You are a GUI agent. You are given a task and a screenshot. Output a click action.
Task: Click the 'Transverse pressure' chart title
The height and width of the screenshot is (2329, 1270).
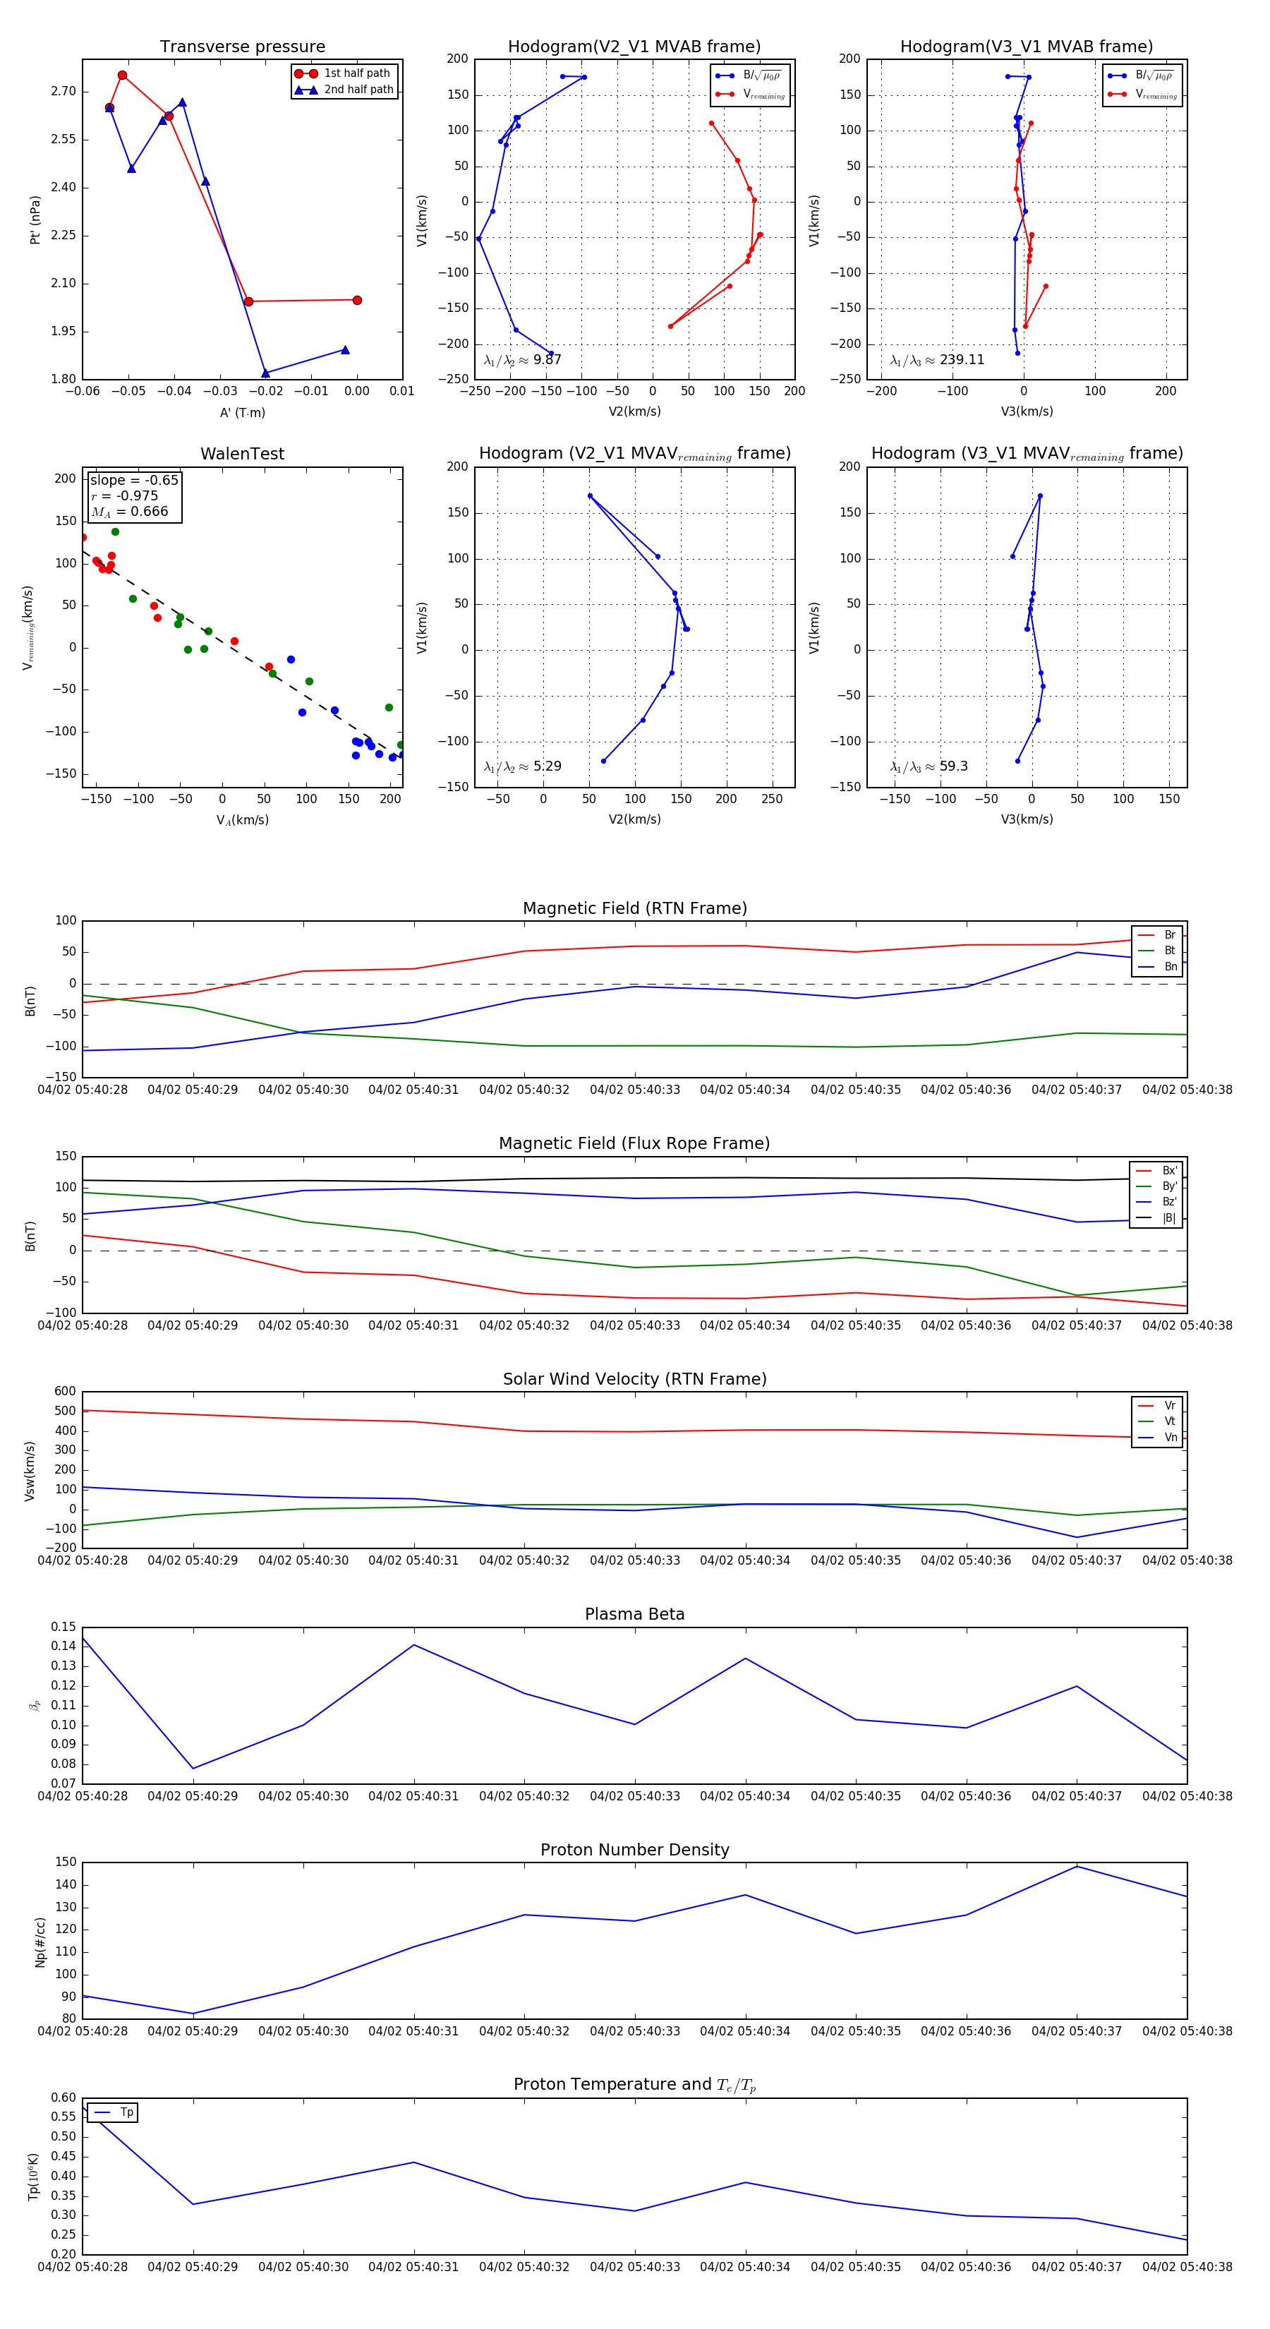click(242, 47)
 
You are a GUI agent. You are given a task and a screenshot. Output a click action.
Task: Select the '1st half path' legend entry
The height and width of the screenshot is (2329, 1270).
click(356, 73)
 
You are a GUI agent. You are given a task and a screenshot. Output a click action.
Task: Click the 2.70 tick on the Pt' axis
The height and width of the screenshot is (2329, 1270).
click(64, 91)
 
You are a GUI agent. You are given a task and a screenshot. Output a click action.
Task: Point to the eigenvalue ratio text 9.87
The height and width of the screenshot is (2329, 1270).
click(547, 360)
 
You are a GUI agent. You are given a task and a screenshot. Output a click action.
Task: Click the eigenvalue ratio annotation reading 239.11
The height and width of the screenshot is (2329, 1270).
click(961, 360)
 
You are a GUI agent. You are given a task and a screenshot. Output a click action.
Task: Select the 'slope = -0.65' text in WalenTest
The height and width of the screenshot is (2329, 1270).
click(134, 480)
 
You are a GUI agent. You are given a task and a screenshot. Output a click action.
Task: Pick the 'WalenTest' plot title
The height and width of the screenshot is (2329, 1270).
click(242, 454)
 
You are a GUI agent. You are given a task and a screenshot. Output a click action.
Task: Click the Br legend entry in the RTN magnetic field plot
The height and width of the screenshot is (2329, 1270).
click(1169, 935)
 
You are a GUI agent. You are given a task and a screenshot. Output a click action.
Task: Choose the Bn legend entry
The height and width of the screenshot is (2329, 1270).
click(1170, 966)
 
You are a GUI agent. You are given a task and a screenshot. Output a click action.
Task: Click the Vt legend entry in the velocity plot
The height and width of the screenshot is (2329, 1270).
click(1170, 1421)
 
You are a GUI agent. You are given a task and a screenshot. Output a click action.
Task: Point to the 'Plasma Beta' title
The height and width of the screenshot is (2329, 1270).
click(634, 1614)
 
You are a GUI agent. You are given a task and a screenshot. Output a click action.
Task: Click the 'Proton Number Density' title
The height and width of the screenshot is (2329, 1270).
click(634, 1850)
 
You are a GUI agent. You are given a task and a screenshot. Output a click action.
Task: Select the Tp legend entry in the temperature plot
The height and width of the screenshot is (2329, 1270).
click(126, 2112)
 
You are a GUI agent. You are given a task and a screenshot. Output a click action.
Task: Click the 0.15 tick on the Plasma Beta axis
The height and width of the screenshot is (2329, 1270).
click(64, 1627)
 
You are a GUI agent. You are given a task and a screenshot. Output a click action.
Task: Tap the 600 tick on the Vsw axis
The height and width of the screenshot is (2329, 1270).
click(65, 1392)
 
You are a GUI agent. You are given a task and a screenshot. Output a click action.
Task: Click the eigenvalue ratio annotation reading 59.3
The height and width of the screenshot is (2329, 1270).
click(953, 766)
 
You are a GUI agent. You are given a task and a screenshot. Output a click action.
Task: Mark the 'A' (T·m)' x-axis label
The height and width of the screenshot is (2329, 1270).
click(242, 412)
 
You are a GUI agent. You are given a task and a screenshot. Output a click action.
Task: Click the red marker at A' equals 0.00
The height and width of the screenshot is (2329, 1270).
click(357, 300)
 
